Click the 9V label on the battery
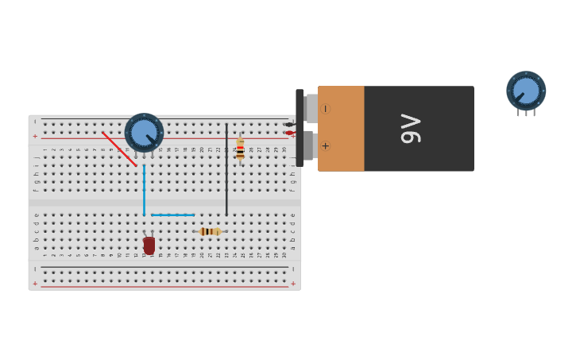(x=410, y=129)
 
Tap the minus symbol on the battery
(x=325, y=109)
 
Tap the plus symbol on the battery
(x=325, y=146)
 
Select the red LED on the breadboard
(x=149, y=246)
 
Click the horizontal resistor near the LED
(x=211, y=231)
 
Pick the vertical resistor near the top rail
(x=240, y=149)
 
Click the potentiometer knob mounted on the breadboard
(x=144, y=132)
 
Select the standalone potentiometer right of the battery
(x=526, y=90)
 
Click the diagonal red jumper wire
(x=119, y=149)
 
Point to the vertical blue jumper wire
(x=144, y=191)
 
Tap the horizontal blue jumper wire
(x=172, y=215)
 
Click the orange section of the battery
(x=342, y=129)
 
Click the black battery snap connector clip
(x=300, y=127)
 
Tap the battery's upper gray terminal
(x=311, y=108)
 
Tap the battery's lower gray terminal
(x=310, y=146)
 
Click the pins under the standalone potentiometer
(x=526, y=113)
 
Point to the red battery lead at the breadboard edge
(x=290, y=133)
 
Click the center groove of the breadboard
(x=164, y=203)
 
